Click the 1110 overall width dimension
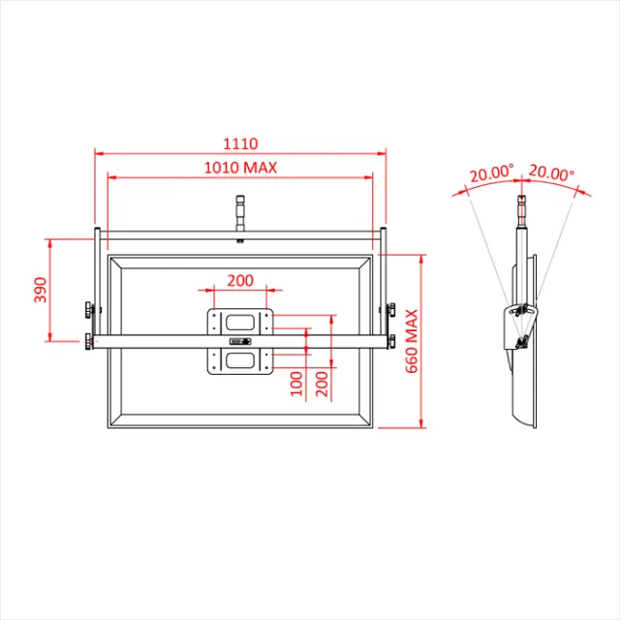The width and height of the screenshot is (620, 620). (239, 143)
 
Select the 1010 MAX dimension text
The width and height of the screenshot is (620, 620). (239, 168)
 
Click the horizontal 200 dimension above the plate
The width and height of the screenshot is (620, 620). (239, 280)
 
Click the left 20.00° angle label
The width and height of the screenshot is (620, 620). (490, 175)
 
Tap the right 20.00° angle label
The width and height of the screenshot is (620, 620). (550, 174)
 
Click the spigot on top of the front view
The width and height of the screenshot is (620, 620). (239, 216)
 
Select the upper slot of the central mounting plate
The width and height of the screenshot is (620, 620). (239, 322)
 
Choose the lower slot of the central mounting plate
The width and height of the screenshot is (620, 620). (239, 361)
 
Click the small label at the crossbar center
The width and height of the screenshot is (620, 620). (239, 341)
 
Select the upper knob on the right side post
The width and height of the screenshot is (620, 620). (390, 309)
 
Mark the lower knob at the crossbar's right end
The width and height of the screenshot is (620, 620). (390, 340)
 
